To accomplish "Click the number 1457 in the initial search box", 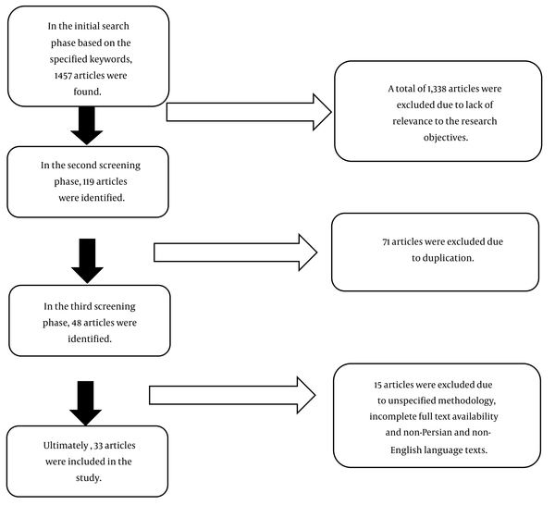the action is click(x=63, y=76).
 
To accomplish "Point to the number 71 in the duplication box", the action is click(x=386, y=242).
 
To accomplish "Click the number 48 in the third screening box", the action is click(x=77, y=323).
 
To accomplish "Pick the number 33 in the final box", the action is click(x=98, y=446).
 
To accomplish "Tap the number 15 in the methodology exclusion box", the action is click(x=377, y=385).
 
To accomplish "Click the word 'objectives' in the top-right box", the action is click(x=446, y=138).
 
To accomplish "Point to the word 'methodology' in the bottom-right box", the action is click(x=466, y=401).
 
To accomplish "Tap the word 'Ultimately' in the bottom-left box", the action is click(x=66, y=446).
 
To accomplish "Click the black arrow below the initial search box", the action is click(x=87, y=126).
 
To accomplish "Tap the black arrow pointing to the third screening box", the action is click(x=88, y=261).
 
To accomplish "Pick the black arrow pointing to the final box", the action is click(x=86, y=403).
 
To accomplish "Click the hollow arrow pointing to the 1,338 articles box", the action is click(x=249, y=112).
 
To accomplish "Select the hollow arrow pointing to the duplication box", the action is click(x=236, y=252).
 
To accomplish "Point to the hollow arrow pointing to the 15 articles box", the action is click(x=232, y=395).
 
